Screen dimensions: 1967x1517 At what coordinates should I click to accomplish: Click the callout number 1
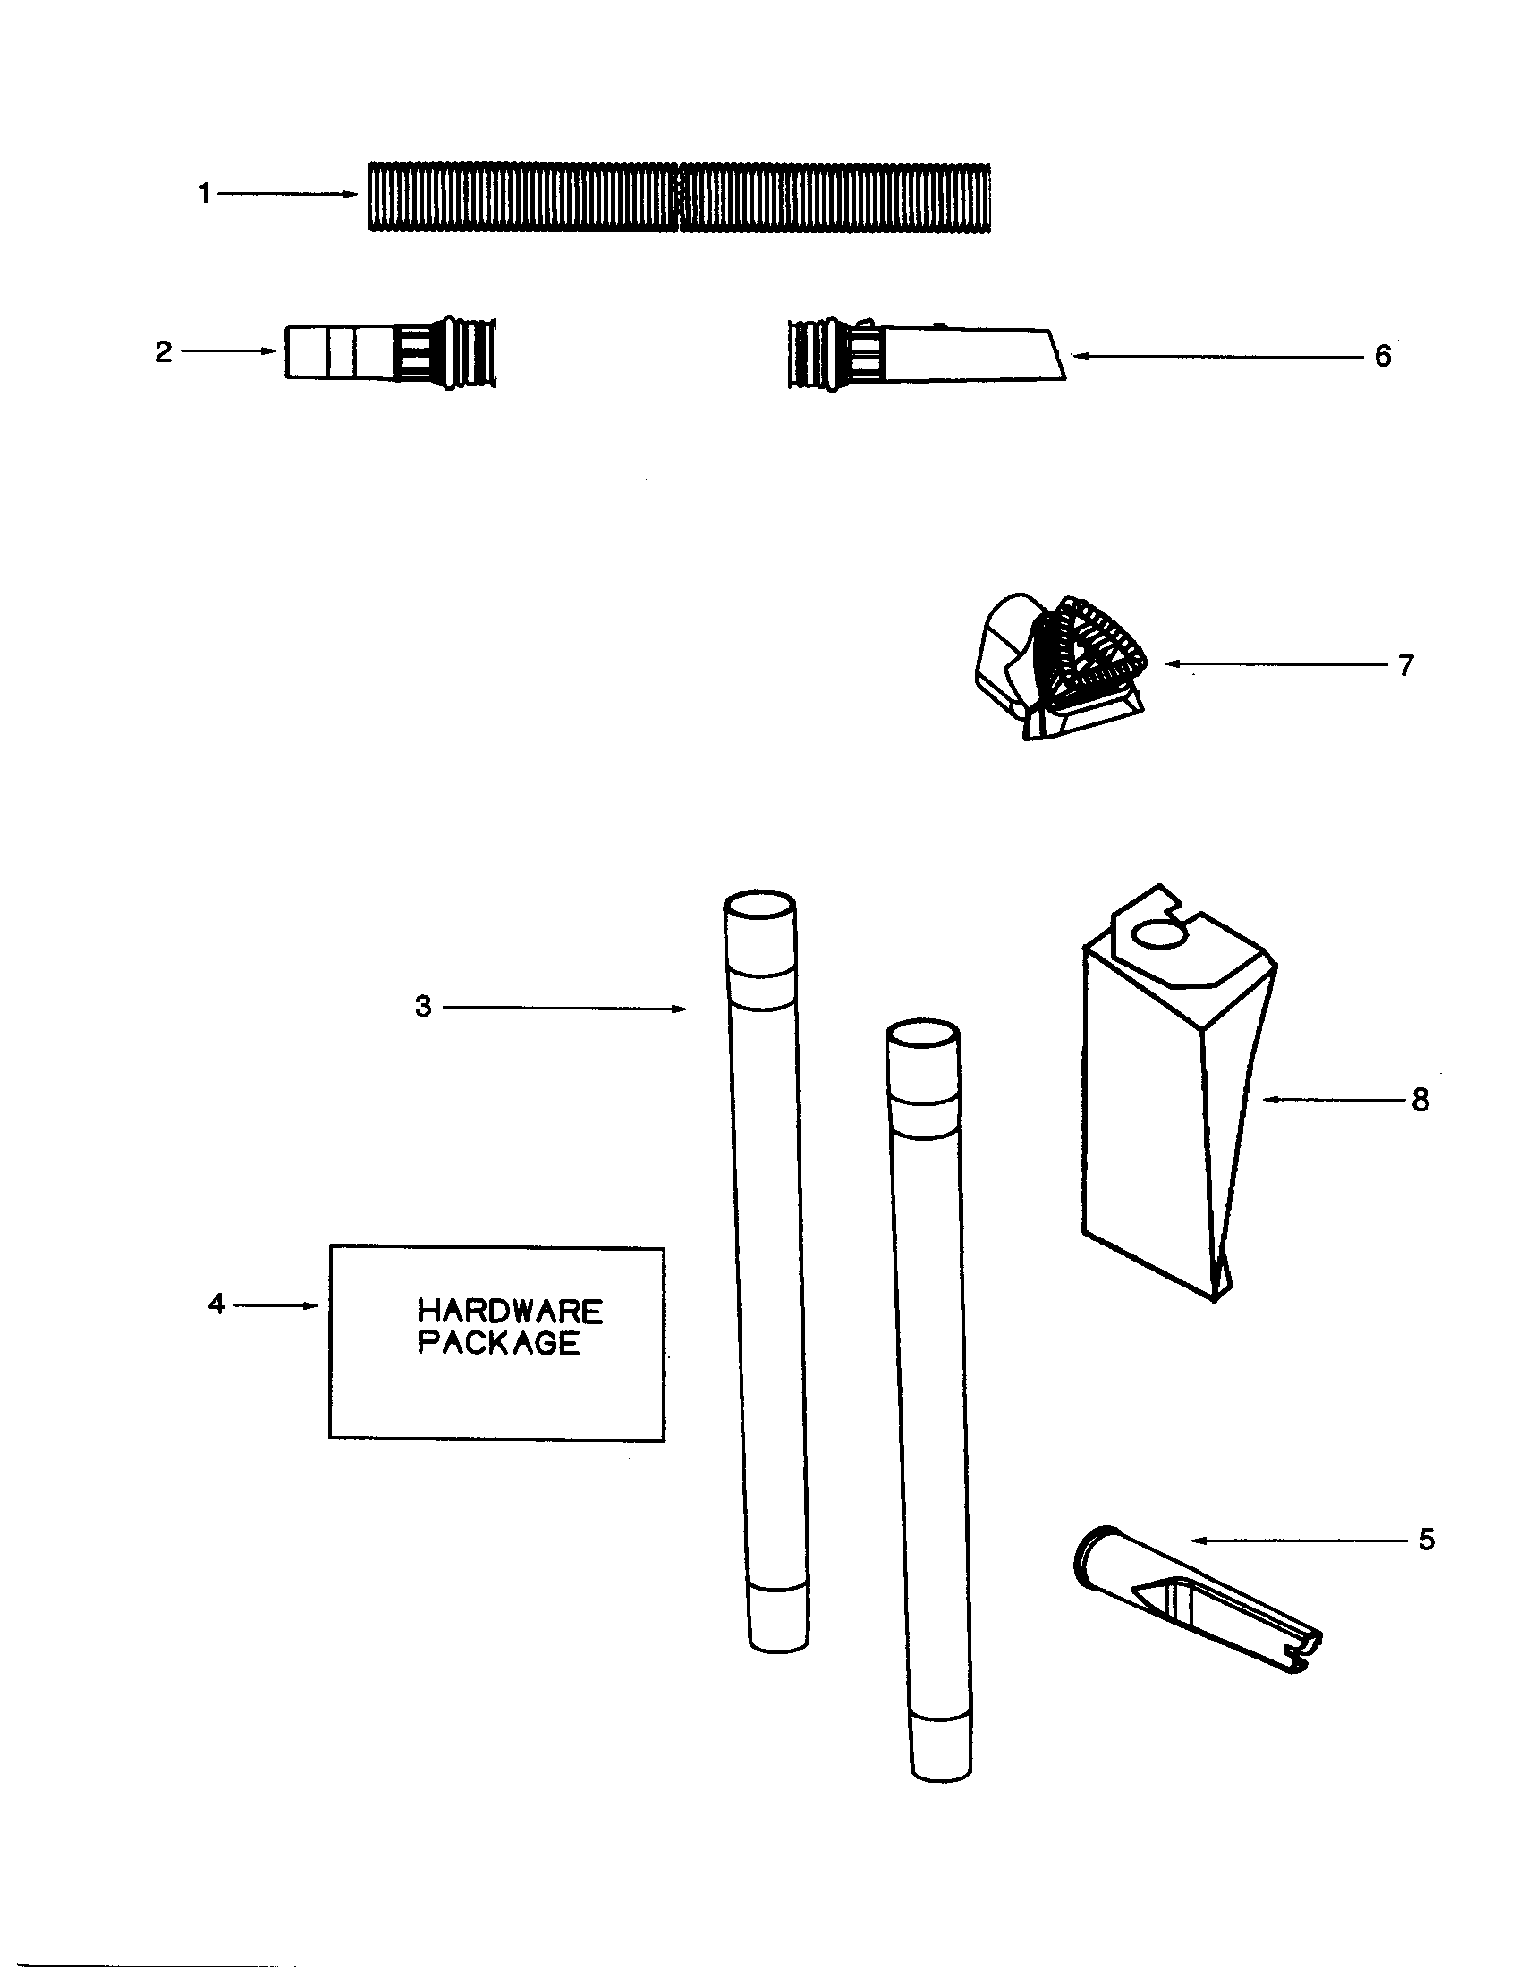[205, 194]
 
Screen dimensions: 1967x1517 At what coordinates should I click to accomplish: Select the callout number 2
[163, 351]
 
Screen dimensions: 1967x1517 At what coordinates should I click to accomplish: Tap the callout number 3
[423, 1006]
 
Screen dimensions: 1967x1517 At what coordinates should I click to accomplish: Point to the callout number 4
[216, 1304]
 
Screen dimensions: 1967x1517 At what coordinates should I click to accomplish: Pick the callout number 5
[1426, 1540]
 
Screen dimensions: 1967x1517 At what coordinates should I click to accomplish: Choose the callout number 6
[1382, 356]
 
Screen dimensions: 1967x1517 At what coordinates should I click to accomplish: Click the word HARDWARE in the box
[510, 1311]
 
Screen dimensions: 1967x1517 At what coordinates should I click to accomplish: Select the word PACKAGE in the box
[498, 1343]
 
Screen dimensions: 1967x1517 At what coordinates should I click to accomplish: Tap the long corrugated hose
[679, 197]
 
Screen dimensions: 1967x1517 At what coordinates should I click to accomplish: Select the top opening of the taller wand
[759, 903]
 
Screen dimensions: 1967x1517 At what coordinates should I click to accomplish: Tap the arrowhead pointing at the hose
[352, 194]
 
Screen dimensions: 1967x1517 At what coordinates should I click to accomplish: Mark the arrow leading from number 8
[1334, 1099]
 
